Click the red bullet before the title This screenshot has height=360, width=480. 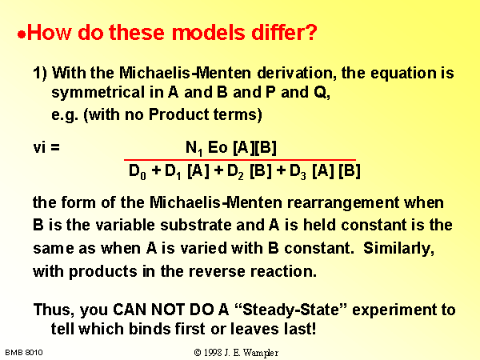pyautogui.click(x=22, y=34)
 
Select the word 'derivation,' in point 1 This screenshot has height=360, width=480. pyautogui.click(x=296, y=73)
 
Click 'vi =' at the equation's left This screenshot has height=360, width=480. pyautogui.click(x=46, y=147)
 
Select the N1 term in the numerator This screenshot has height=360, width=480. pyautogui.click(x=194, y=148)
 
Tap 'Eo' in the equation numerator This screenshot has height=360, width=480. pyautogui.click(x=218, y=147)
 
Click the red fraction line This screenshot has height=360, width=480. pyautogui.click(x=240, y=160)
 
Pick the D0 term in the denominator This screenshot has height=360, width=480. pyautogui.click(x=138, y=171)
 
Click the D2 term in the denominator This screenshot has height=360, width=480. pyautogui.click(x=235, y=171)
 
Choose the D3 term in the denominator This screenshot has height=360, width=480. pyautogui.click(x=298, y=171)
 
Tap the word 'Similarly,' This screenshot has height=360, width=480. pyautogui.click(x=398, y=248)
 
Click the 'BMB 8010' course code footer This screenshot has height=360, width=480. pyautogui.click(x=24, y=353)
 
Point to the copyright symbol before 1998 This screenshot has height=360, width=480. pyautogui.click(x=198, y=353)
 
